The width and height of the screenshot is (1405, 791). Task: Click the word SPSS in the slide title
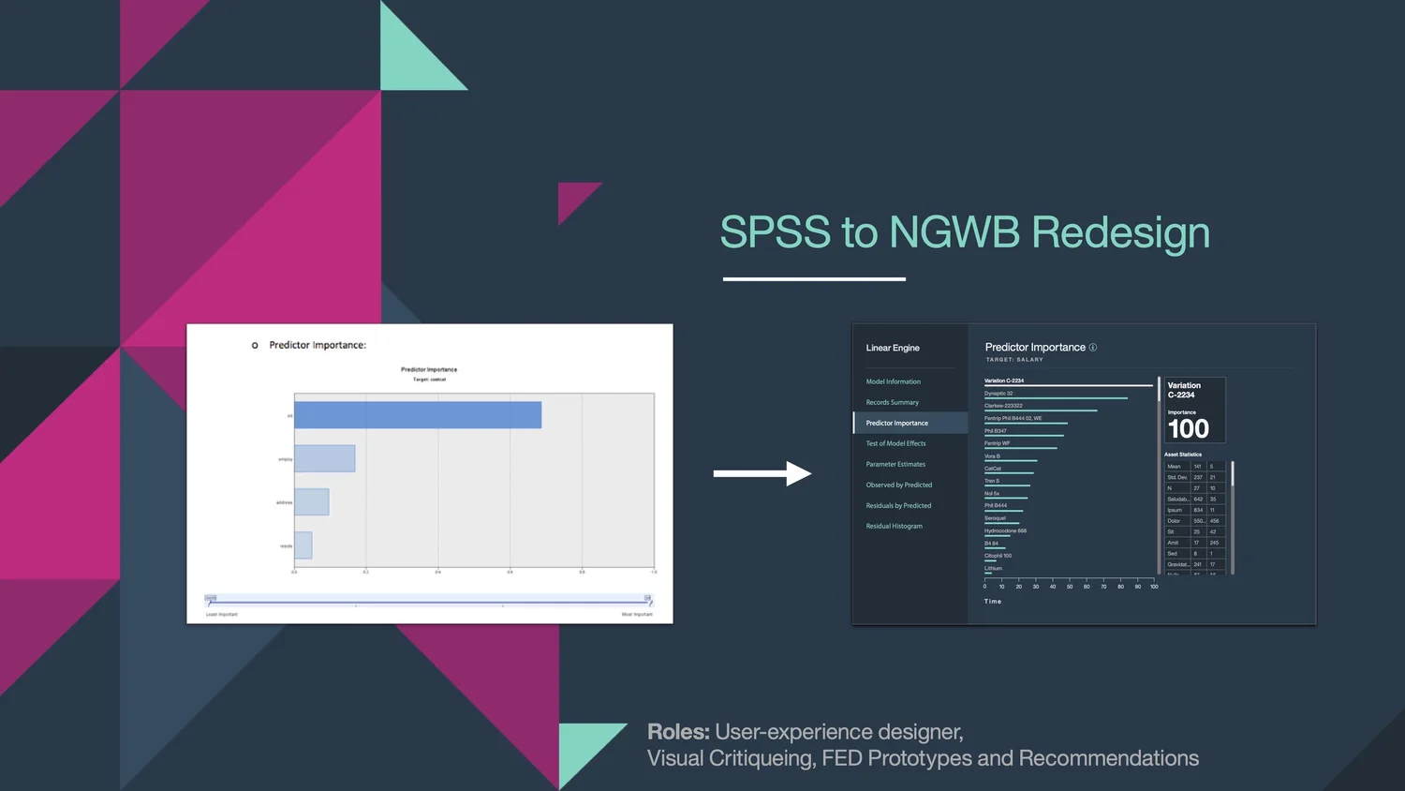775,232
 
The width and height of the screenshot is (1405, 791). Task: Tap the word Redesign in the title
1120,232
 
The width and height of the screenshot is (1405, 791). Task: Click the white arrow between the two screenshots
762,473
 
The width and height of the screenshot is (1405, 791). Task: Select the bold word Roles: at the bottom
678,732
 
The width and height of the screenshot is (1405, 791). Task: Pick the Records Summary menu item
892,402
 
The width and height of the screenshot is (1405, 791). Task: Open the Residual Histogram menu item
894,526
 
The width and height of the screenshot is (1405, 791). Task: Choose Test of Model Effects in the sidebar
895,443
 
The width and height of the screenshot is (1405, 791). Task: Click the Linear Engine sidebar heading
893,348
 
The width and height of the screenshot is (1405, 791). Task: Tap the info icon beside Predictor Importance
1092,348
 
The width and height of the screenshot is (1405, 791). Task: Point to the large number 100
1188,429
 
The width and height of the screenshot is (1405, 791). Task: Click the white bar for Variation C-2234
1068,385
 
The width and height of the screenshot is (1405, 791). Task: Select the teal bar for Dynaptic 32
1056,398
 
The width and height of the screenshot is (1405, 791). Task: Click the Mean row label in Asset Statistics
1175,466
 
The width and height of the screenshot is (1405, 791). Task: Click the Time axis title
993,602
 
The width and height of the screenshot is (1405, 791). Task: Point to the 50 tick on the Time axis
1070,587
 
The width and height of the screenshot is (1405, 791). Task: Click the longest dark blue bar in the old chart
418,415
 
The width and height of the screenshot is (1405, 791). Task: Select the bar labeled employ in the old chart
325,458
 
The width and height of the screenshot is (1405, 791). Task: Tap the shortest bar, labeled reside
303,545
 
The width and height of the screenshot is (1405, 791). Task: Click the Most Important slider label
637,615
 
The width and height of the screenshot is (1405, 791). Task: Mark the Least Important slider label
222,615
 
